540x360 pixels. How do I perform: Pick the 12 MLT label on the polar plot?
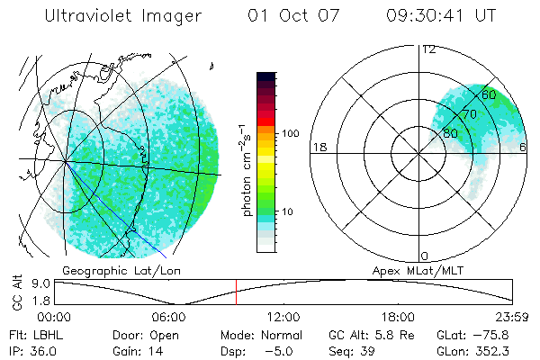(x=428, y=49)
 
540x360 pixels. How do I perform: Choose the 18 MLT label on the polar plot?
(x=318, y=147)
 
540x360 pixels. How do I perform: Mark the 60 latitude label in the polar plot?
(x=489, y=94)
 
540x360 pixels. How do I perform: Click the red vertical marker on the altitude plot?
(x=236, y=292)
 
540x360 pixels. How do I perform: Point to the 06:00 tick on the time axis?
(x=168, y=318)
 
